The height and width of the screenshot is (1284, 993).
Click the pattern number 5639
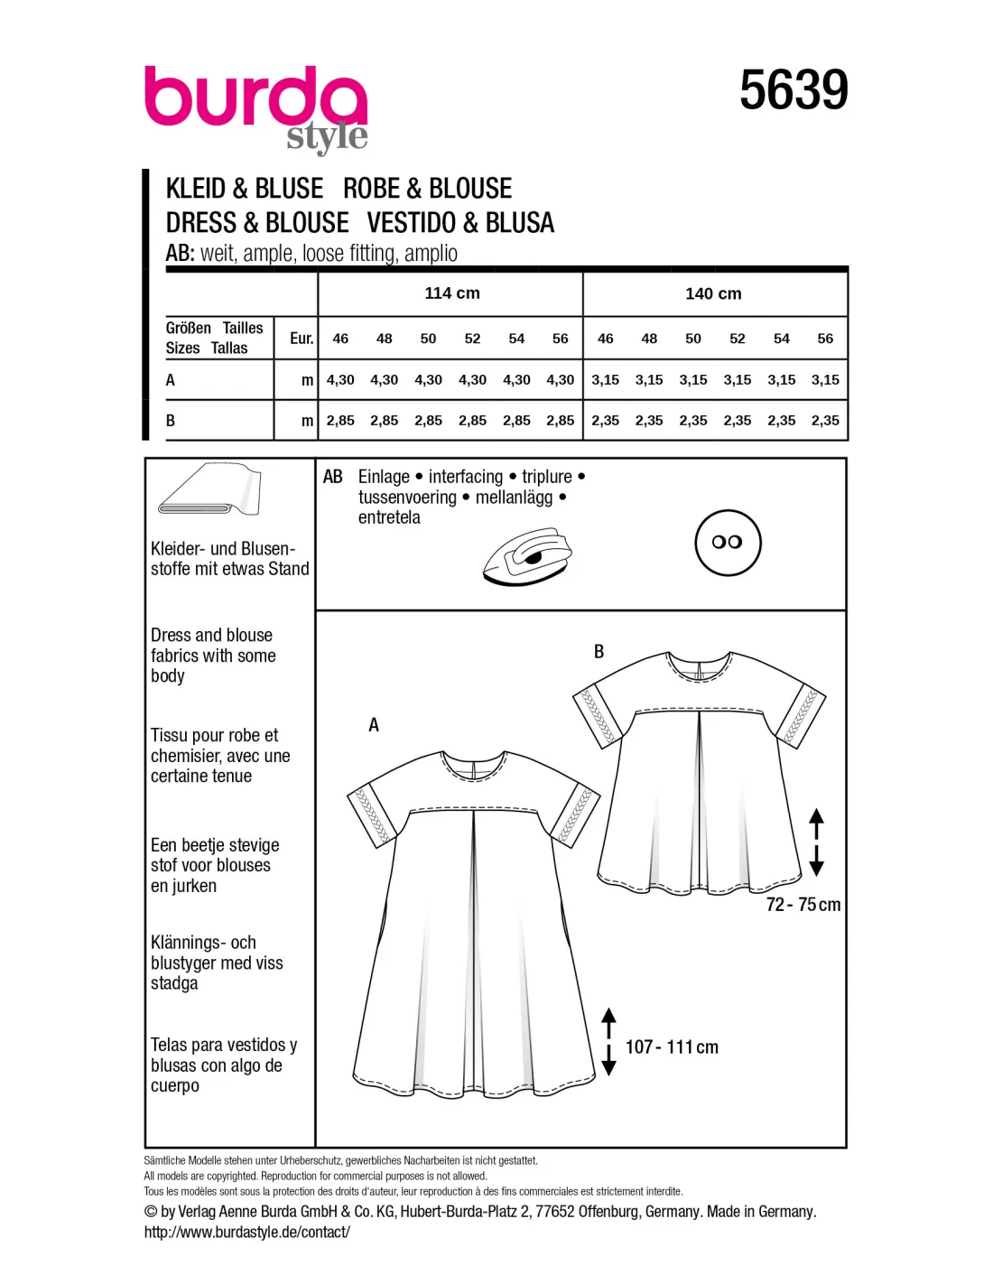pos(793,90)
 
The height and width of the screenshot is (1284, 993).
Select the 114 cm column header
pos(452,293)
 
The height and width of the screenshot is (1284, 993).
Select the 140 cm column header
pos(713,293)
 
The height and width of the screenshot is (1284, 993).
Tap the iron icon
pos(528,559)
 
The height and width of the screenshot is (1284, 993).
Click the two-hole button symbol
pos(728,543)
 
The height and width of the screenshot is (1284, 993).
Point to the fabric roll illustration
pos(209,492)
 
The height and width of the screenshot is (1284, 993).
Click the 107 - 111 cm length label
pos(672,1047)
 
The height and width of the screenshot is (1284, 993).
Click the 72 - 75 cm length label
pos(803,905)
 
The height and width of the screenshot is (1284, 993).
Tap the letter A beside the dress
pos(374,725)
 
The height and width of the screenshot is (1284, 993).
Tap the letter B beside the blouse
pos(599,652)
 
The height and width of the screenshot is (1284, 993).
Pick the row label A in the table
pos(171,380)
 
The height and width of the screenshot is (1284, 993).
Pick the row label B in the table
pos(171,421)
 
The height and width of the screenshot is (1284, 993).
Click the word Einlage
pos(384,477)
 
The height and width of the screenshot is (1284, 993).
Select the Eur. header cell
pos(302,339)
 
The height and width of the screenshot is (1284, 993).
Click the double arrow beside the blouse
pos(816,842)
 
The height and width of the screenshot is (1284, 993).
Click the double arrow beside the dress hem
pos(608,1041)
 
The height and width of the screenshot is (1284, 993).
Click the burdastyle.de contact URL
pos(246,1233)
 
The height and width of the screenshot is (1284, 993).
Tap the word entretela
pos(389,518)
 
